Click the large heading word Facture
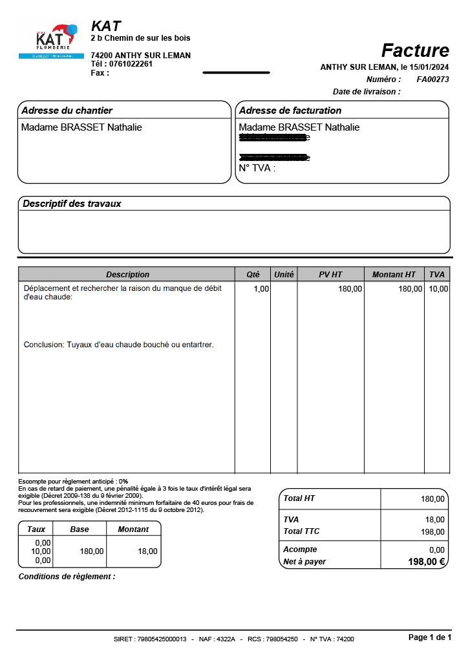pos(415,50)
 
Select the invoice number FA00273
pos(432,80)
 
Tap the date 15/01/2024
pos(429,67)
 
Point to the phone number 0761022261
pos(131,64)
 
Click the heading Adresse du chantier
pos(67,111)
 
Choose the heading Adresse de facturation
pos(290,111)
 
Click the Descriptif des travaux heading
pos(72,204)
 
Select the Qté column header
pos(253,275)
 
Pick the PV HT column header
pos(330,275)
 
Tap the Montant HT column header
pos(394,275)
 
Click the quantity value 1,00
pos(261,289)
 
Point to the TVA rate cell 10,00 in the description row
pos(438,289)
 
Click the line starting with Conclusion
pos(118,345)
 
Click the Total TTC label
pos(301,531)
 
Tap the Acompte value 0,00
pos(436,550)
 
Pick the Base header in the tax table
pos(80,529)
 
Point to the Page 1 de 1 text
pos(430,637)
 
